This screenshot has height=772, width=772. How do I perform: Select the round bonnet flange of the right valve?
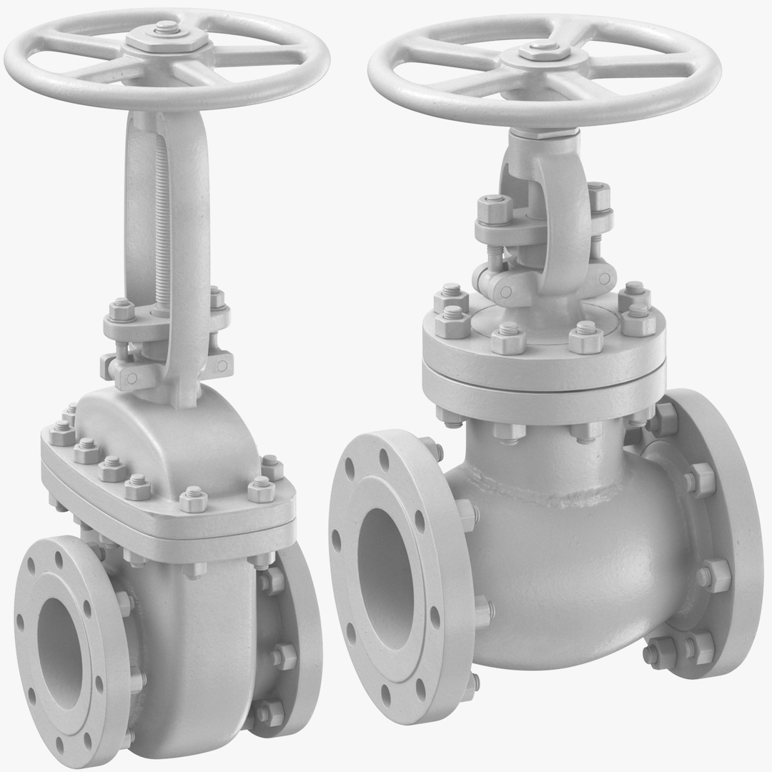(543, 365)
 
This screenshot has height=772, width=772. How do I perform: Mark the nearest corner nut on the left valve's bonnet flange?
(193, 498)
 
